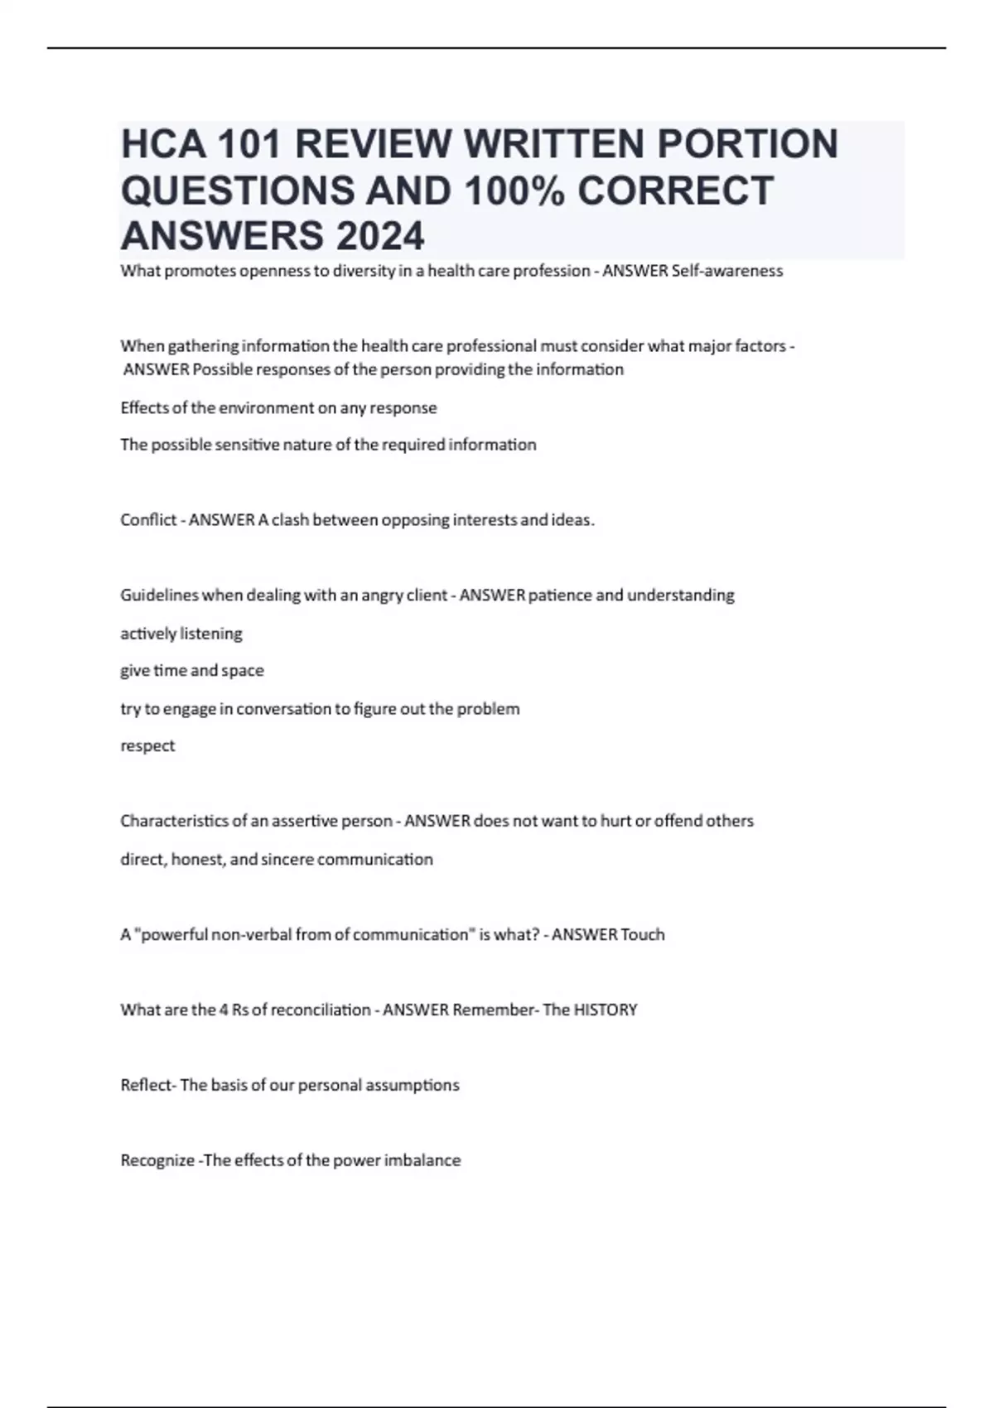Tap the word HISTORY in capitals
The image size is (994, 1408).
(606, 1010)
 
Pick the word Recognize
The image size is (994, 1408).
(157, 1160)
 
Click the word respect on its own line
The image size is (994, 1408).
(147, 746)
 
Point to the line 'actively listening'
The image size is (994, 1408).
(181, 634)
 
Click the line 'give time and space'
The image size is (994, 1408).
(192, 671)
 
